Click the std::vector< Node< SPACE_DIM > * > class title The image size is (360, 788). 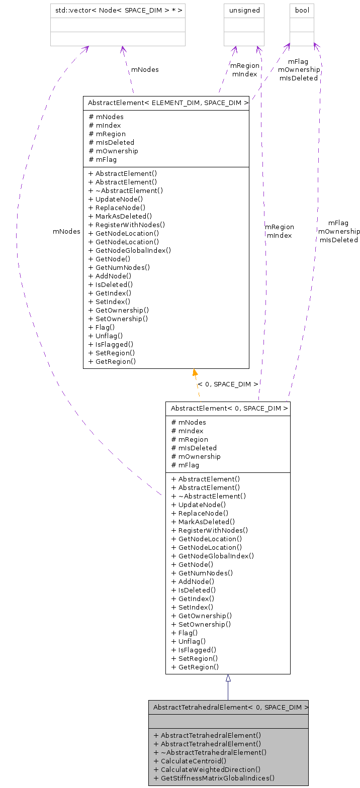(118, 10)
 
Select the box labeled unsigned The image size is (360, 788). (244, 10)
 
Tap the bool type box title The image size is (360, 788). (302, 10)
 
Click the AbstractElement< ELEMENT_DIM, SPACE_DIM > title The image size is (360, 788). (166, 103)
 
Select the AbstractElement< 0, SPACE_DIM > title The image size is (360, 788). (228, 409)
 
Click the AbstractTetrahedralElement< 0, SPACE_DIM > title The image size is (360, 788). (228, 707)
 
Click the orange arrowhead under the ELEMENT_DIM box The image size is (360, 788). (195, 372)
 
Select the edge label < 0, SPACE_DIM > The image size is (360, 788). (228, 384)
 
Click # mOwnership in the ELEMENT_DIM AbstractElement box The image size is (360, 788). (113, 151)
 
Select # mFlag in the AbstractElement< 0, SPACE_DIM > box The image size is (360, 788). (185, 465)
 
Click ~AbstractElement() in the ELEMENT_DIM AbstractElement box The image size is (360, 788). (126, 190)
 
